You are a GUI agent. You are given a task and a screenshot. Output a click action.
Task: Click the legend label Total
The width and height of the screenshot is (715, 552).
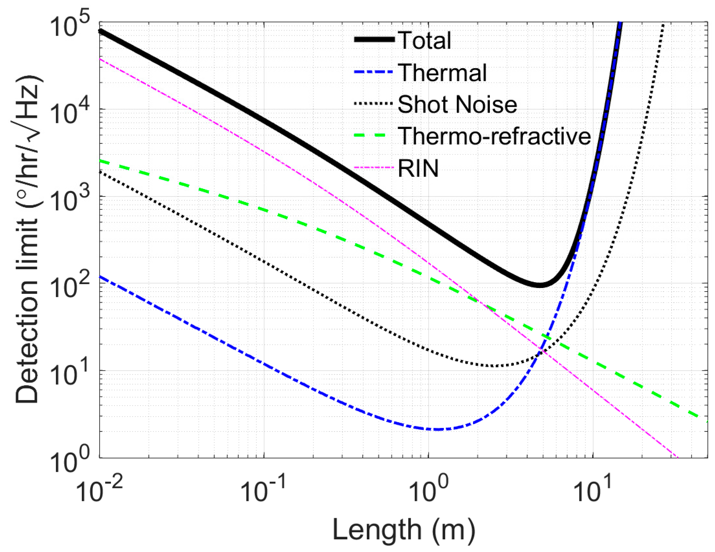[424, 41]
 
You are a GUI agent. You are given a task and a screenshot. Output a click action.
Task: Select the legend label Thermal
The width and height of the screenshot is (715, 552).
[442, 72]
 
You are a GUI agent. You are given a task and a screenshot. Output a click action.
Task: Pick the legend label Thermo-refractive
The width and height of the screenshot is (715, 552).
[494, 136]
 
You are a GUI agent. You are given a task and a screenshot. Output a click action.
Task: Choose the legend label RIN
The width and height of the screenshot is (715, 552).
[418, 169]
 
